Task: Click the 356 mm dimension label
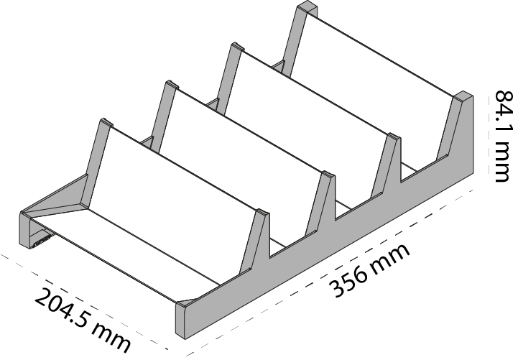coord(371,271)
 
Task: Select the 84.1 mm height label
coord(506,136)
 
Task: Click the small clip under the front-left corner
coord(42,241)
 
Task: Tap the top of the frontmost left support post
coord(106,123)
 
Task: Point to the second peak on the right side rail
coord(329,176)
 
